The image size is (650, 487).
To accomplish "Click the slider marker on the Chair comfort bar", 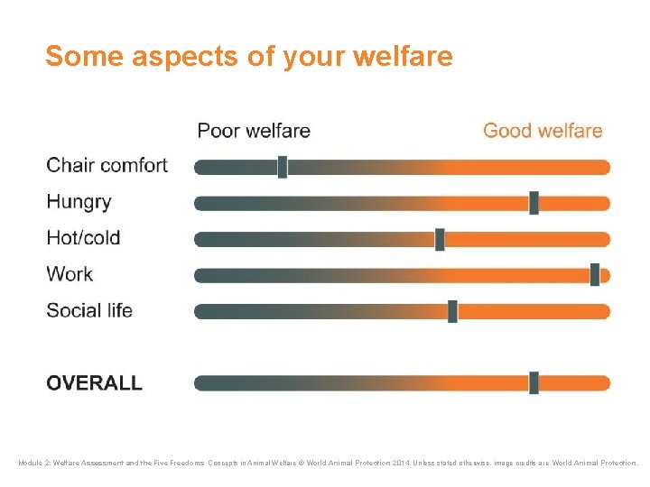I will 283,167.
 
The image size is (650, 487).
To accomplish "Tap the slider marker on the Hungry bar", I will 534,203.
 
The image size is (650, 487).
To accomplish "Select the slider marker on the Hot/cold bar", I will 440,239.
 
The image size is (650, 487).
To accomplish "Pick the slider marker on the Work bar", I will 595,275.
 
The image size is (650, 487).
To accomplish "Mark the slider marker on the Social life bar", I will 452,311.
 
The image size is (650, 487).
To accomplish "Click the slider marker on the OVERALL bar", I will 534,383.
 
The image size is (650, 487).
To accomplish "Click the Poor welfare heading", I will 254,131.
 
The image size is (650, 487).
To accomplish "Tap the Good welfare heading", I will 543,131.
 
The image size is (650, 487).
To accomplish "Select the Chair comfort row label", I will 107,166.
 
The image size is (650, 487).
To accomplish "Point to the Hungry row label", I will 79,202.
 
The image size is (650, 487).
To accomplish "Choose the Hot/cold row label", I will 83,238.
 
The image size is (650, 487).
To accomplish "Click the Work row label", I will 70,274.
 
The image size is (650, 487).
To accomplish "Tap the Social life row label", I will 89,310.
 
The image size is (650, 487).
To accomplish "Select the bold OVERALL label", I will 94,382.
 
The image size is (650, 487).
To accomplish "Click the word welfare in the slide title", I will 403,57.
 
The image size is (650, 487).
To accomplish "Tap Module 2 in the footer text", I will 37,464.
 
